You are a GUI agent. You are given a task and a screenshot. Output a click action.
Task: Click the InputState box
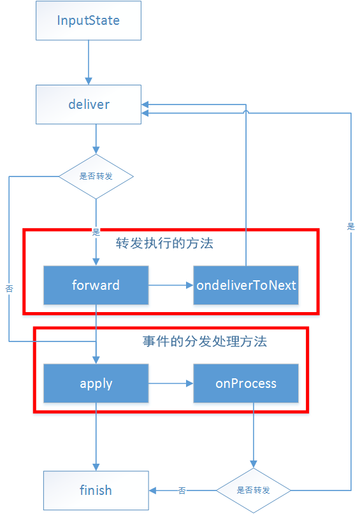[88, 20]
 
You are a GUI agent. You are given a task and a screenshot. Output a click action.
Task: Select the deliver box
[88, 104]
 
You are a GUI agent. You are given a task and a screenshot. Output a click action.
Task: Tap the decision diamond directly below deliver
[96, 176]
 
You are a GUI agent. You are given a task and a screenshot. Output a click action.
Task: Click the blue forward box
[96, 285]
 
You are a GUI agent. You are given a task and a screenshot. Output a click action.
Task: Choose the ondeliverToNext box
[246, 285]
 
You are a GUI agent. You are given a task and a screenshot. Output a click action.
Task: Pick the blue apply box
[96, 383]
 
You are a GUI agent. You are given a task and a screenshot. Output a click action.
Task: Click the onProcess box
[246, 383]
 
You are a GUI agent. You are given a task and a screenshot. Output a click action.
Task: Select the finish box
[96, 490]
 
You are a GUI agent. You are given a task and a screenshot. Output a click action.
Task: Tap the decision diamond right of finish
[253, 490]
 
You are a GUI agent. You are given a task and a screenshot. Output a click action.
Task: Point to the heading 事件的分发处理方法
[204, 341]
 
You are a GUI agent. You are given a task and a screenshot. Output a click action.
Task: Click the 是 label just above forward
[96, 231]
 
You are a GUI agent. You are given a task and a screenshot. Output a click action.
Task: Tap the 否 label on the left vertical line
[9, 289]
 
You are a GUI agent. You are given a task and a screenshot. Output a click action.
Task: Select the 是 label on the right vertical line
[350, 226]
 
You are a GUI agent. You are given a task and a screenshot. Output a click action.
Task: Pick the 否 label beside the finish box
[182, 490]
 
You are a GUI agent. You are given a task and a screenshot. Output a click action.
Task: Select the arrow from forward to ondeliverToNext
[171, 285]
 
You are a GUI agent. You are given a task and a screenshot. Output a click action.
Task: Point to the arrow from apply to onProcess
[171, 383]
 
